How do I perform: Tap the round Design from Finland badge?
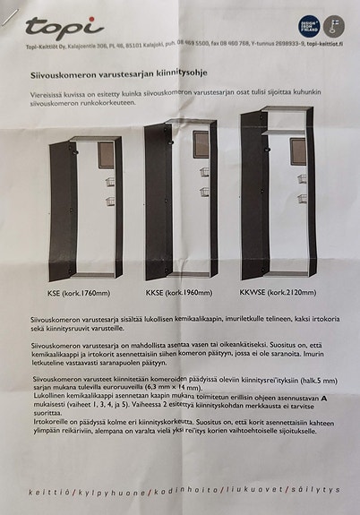[308, 26]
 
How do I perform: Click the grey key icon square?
[334, 26]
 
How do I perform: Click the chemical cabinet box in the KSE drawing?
[106, 155]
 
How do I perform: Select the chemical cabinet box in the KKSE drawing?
[201, 142]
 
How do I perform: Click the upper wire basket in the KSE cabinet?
[110, 183]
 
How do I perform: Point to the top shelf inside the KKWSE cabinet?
[286, 132]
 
